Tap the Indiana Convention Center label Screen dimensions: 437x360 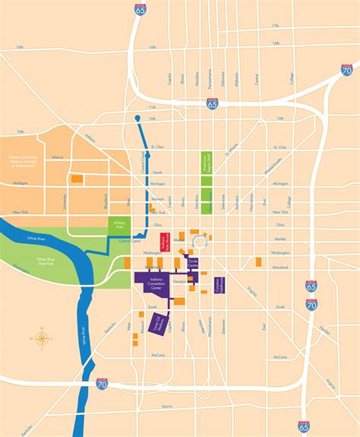click(x=151, y=283)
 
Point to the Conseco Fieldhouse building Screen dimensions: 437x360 click(x=219, y=284)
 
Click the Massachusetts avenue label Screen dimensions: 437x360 click(x=271, y=172)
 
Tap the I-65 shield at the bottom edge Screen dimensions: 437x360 click(x=305, y=427)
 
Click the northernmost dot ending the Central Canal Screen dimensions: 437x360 click(x=137, y=118)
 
